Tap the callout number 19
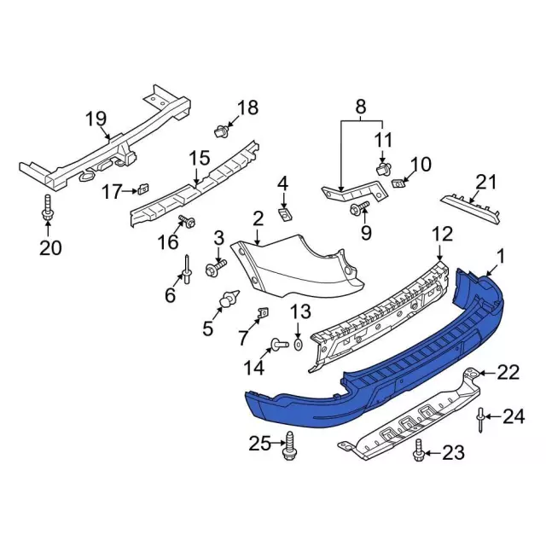pos(95,119)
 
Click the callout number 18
pos(247,107)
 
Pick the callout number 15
pos(199,158)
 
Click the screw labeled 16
pos(188,224)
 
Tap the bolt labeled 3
pos(214,267)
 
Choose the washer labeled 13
pos(299,344)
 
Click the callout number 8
pos(360,107)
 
